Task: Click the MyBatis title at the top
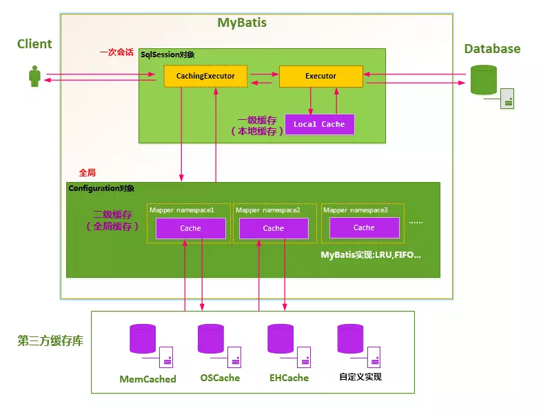click(242, 23)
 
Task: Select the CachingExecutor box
click(205, 76)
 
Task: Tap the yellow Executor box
click(320, 76)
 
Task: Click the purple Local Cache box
click(320, 124)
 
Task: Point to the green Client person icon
click(34, 76)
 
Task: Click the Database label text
click(492, 48)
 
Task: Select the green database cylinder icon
click(483, 80)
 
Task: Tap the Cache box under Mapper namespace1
click(191, 228)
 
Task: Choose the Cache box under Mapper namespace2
click(274, 228)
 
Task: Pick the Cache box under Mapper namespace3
click(364, 227)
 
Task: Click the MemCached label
click(147, 379)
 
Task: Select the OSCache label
click(220, 378)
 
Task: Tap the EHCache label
click(289, 378)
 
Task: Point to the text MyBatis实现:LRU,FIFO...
click(371, 255)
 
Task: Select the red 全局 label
click(88, 171)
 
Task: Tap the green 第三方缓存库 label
click(50, 340)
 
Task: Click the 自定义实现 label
click(360, 377)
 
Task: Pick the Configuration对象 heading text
click(101, 188)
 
